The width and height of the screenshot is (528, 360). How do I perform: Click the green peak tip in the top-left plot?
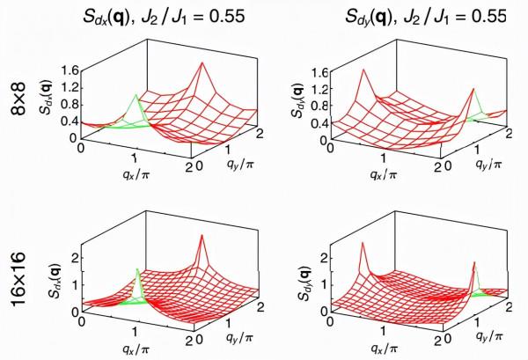coord(135,94)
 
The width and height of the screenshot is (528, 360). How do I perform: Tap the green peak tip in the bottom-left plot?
coord(137,268)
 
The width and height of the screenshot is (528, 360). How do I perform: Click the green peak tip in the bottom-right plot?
coord(475,262)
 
